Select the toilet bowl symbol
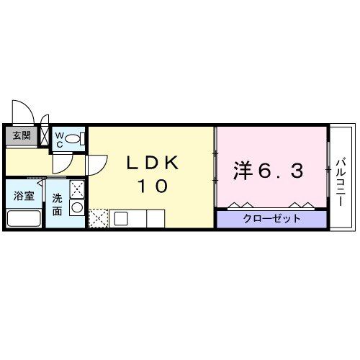[x=73, y=138]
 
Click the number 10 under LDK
[x=153, y=186]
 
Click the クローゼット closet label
[x=272, y=218]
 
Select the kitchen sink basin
[x=120, y=217]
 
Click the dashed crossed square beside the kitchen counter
[x=99, y=217]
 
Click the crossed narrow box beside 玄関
[x=45, y=135]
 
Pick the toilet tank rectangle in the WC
[x=83, y=137]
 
